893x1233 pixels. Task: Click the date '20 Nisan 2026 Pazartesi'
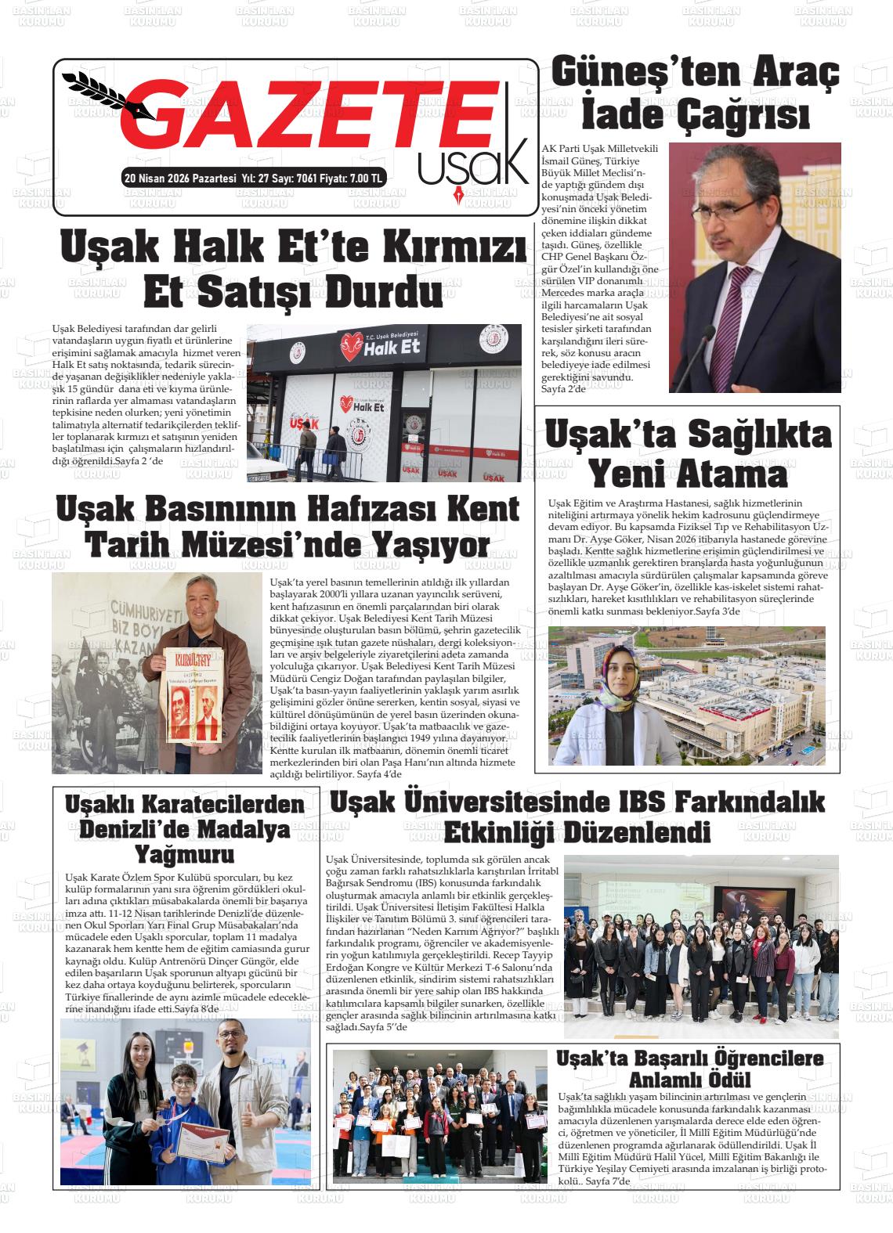pos(180,178)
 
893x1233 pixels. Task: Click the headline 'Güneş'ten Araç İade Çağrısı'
pos(696,95)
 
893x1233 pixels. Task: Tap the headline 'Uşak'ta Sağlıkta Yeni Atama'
pos(687,453)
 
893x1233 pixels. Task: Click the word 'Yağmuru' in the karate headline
pos(184,853)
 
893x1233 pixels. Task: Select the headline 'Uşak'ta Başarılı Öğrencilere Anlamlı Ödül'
pos(690,1069)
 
